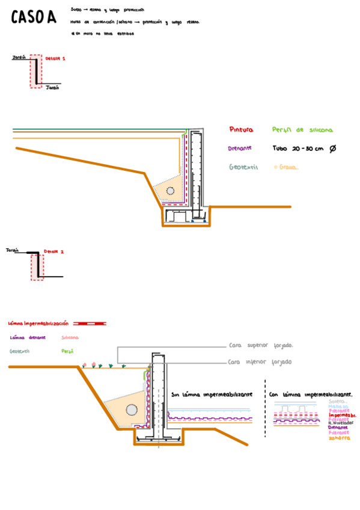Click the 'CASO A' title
[x=34, y=18]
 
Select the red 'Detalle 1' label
[x=55, y=58]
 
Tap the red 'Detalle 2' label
[x=53, y=251]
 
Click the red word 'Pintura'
[x=241, y=129]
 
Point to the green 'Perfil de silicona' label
[x=302, y=130]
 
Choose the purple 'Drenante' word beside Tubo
[x=239, y=149]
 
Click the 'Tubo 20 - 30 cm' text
[x=297, y=149]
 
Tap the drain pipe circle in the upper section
[x=170, y=191]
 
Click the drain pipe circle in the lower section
[x=131, y=410]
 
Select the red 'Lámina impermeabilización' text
[x=38, y=324]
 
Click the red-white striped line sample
[x=90, y=324]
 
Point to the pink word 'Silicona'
[x=70, y=337]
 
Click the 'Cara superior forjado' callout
[x=261, y=346]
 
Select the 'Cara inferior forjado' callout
[x=260, y=362]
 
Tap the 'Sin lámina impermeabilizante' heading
[x=212, y=395]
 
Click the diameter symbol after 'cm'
[x=333, y=149]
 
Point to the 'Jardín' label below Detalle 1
[x=52, y=88]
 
